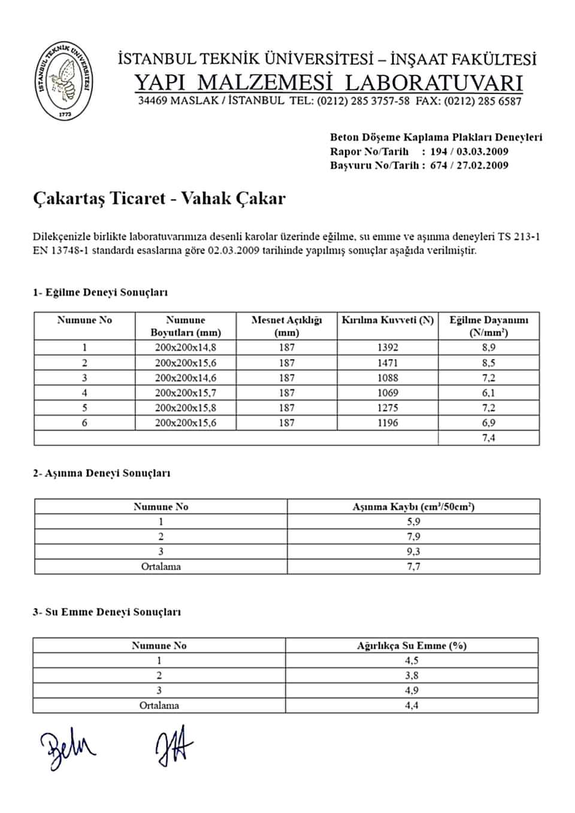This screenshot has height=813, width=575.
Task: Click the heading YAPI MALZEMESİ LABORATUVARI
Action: (328, 82)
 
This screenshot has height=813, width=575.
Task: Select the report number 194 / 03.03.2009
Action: (469, 151)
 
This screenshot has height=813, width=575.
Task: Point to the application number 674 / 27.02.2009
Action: (469, 166)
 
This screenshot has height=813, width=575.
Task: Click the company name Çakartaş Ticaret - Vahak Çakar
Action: (159, 198)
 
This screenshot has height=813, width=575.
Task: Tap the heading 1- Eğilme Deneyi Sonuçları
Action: (100, 293)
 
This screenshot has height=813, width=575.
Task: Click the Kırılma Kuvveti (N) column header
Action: (388, 320)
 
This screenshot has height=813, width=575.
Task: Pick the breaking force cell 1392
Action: (388, 347)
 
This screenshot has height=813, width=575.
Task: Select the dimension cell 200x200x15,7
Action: (186, 393)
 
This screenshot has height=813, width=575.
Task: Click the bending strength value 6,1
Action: (489, 393)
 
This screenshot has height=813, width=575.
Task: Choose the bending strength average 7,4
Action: (489, 438)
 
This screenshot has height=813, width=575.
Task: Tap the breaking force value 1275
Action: (388, 408)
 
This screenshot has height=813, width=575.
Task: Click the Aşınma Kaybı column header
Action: (413, 506)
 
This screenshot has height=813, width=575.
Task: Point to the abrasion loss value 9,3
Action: (413, 551)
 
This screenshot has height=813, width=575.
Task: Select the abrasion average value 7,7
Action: (413, 566)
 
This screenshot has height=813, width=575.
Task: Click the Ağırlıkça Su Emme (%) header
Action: (411, 645)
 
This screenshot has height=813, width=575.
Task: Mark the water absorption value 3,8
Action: (411, 675)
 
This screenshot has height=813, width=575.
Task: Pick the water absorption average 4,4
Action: (411, 705)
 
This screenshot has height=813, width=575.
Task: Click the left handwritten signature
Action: (67, 748)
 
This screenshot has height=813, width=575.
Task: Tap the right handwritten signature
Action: (174, 745)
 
